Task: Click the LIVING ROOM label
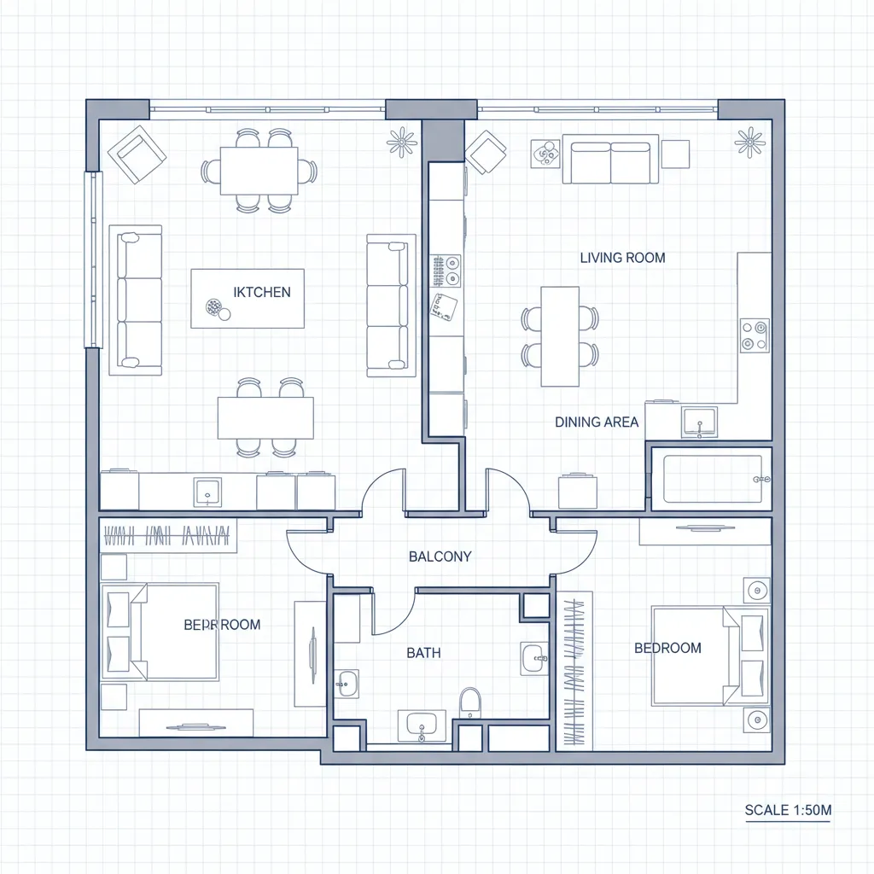pyautogui.click(x=622, y=258)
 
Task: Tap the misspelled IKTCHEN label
pyautogui.click(x=262, y=292)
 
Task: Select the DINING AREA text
pyautogui.click(x=597, y=422)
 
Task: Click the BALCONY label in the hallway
pyautogui.click(x=440, y=556)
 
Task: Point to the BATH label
pyautogui.click(x=423, y=653)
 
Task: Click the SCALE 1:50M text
pyautogui.click(x=787, y=810)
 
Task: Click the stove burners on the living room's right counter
pyautogui.click(x=754, y=335)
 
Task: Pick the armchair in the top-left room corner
pyautogui.click(x=137, y=154)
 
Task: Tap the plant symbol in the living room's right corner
pyautogui.click(x=749, y=142)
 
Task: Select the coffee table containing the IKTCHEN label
pyautogui.click(x=248, y=298)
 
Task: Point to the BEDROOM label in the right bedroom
pyautogui.click(x=667, y=648)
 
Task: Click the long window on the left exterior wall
pyautogui.click(x=92, y=259)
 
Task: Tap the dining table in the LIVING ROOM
pyautogui.click(x=560, y=336)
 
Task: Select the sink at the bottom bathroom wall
pyautogui.click(x=422, y=726)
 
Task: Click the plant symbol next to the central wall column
pyautogui.click(x=401, y=142)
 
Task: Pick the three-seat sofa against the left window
pyautogui.click(x=137, y=300)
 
